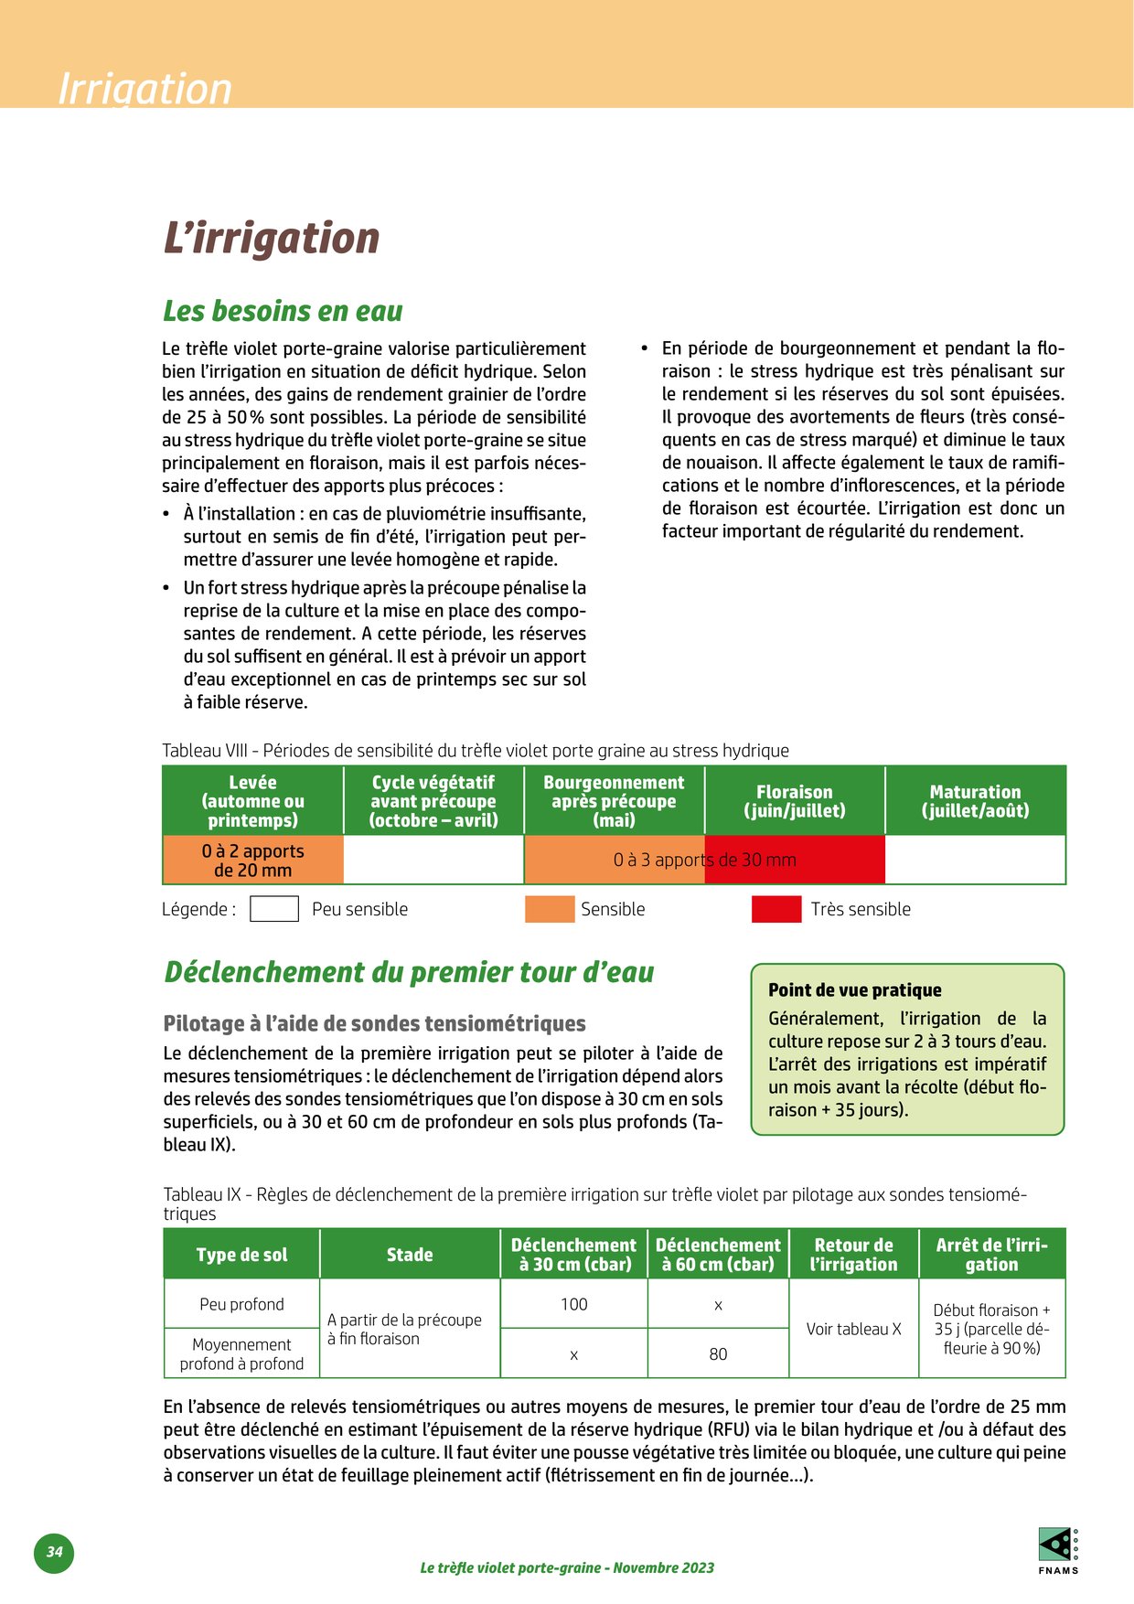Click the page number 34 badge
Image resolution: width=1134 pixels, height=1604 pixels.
click(x=54, y=1551)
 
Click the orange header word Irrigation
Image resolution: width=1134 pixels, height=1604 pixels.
click(x=144, y=89)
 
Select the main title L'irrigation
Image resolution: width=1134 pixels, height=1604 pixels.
click(x=271, y=238)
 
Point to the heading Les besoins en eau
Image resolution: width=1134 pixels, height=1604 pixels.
click(x=283, y=311)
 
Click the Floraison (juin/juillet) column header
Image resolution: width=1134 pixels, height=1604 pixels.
click(x=795, y=801)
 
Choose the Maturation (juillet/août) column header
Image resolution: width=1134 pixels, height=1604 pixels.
click(x=975, y=801)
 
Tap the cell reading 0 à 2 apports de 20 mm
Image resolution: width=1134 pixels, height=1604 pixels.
click(x=252, y=861)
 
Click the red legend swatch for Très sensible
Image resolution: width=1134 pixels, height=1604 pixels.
click(x=776, y=909)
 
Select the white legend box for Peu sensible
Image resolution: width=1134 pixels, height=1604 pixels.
click(x=274, y=909)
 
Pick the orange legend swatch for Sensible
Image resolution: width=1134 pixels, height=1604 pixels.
click(x=549, y=909)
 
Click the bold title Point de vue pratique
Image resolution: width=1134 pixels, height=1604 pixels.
click(x=854, y=990)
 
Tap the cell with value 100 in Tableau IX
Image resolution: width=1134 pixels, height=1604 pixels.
click(x=573, y=1304)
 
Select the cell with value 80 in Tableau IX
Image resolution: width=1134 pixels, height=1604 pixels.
click(x=718, y=1353)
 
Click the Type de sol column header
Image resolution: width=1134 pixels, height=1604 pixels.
click(x=241, y=1255)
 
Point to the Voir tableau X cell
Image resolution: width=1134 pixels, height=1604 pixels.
click(x=853, y=1329)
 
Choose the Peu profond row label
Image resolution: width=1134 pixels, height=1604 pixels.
click(x=241, y=1304)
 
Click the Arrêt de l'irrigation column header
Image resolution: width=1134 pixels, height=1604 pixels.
click(x=991, y=1255)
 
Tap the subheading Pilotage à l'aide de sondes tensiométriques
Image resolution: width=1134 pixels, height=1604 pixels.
click(x=374, y=1023)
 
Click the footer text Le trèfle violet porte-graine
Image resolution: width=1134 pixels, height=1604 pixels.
click(x=567, y=1567)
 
